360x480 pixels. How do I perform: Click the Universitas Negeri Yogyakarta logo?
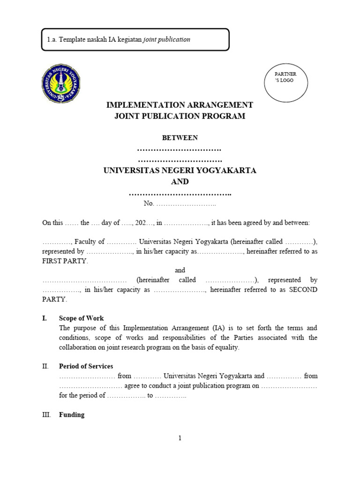click(x=60, y=84)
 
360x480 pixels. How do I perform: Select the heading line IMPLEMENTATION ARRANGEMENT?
click(x=180, y=105)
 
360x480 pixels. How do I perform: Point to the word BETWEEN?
click(x=180, y=138)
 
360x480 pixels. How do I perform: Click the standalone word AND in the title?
click(x=180, y=181)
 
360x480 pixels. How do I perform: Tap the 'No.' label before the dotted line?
click(x=149, y=203)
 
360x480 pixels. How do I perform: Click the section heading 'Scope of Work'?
click(x=82, y=318)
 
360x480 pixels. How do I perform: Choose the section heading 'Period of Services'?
click(x=86, y=366)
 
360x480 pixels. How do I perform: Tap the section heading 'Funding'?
click(x=72, y=415)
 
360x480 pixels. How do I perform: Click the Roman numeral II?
click(x=45, y=366)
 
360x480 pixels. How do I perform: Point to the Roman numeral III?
click(x=46, y=415)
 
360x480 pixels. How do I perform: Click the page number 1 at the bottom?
click(x=180, y=438)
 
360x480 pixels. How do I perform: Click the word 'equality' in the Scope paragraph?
click(x=226, y=347)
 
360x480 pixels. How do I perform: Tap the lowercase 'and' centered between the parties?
click(x=180, y=270)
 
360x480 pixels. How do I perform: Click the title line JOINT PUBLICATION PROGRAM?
click(x=180, y=116)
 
